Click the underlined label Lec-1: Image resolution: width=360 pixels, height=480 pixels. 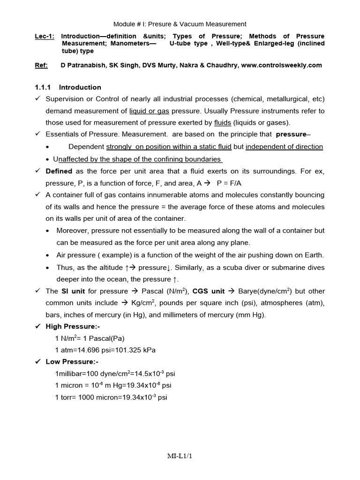pos(45,36)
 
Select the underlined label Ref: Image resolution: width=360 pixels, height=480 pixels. pos(41,65)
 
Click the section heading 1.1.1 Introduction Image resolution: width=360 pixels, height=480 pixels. pos(68,87)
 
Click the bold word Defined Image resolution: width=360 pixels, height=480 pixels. pos(59,171)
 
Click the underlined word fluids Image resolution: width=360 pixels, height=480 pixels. pos(223,123)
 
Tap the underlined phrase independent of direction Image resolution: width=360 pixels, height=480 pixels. pos(284,147)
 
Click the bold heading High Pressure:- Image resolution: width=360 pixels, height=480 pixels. pos(73,326)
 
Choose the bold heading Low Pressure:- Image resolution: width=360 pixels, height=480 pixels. pos(72,362)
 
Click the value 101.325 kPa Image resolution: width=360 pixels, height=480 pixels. pos(136,350)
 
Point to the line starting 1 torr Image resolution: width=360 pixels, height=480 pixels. pos(111,397)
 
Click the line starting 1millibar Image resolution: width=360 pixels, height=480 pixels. pos(115,374)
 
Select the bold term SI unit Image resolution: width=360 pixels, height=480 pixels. pos(72,291)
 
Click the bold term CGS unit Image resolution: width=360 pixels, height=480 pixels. pos(210,291)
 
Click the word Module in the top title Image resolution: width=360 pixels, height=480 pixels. pos(125,24)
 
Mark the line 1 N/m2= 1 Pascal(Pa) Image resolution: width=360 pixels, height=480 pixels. pos(90,338)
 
